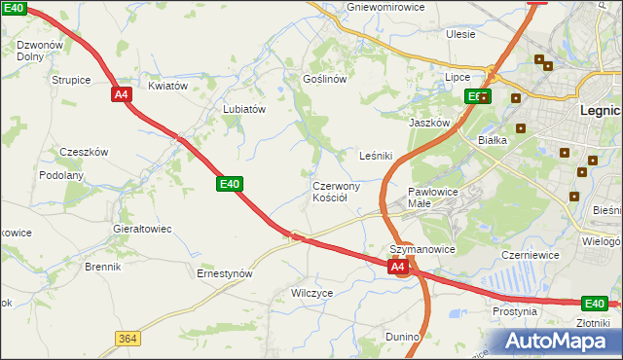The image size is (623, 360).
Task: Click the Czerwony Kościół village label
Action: coord(336,191)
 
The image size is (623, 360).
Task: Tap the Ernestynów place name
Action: coord(225,273)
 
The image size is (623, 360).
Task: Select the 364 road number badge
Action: coord(127,338)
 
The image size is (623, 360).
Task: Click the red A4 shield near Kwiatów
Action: coord(121,94)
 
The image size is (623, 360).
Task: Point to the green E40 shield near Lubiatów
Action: coord(229,183)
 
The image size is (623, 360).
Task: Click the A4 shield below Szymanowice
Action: coord(397,266)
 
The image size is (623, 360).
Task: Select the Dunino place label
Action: coord(401,337)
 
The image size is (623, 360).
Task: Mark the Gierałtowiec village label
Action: coord(142,229)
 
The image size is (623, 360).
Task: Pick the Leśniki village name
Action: coord(376,155)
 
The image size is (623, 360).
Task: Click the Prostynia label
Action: coord(514,311)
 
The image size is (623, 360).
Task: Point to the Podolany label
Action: coord(61,175)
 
